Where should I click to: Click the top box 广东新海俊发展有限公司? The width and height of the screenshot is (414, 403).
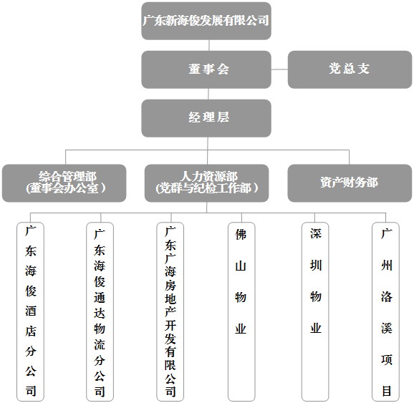[206, 21]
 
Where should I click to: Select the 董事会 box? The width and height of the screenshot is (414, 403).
[206, 69]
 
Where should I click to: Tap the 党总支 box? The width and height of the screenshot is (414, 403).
[350, 69]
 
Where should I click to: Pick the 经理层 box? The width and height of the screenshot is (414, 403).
[206, 118]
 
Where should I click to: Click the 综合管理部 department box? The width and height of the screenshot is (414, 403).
[64, 183]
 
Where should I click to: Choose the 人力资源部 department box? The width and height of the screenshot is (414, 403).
[207, 183]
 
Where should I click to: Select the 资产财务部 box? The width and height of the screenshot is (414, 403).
[350, 183]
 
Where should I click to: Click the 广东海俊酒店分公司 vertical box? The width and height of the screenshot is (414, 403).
[30, 311]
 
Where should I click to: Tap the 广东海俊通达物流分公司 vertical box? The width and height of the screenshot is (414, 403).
[100, 311]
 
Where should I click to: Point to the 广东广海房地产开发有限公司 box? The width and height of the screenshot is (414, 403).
[170, 311]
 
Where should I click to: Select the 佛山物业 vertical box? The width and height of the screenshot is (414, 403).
[241, 311]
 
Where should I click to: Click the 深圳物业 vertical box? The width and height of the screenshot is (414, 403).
[315, 311]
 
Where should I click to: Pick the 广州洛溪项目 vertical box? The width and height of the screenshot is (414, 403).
[386, 311]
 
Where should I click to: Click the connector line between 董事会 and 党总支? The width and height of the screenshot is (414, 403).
[279, 69]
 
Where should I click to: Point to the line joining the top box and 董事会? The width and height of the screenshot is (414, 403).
[209, 45]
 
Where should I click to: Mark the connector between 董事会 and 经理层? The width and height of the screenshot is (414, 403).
[208, 94]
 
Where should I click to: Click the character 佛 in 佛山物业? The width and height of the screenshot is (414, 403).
[241, 234]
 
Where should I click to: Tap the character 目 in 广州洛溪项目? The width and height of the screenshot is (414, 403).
[387, 391]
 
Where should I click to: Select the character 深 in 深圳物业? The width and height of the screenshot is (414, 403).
[316, 233]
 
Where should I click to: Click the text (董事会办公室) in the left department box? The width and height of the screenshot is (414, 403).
[65, 188]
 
